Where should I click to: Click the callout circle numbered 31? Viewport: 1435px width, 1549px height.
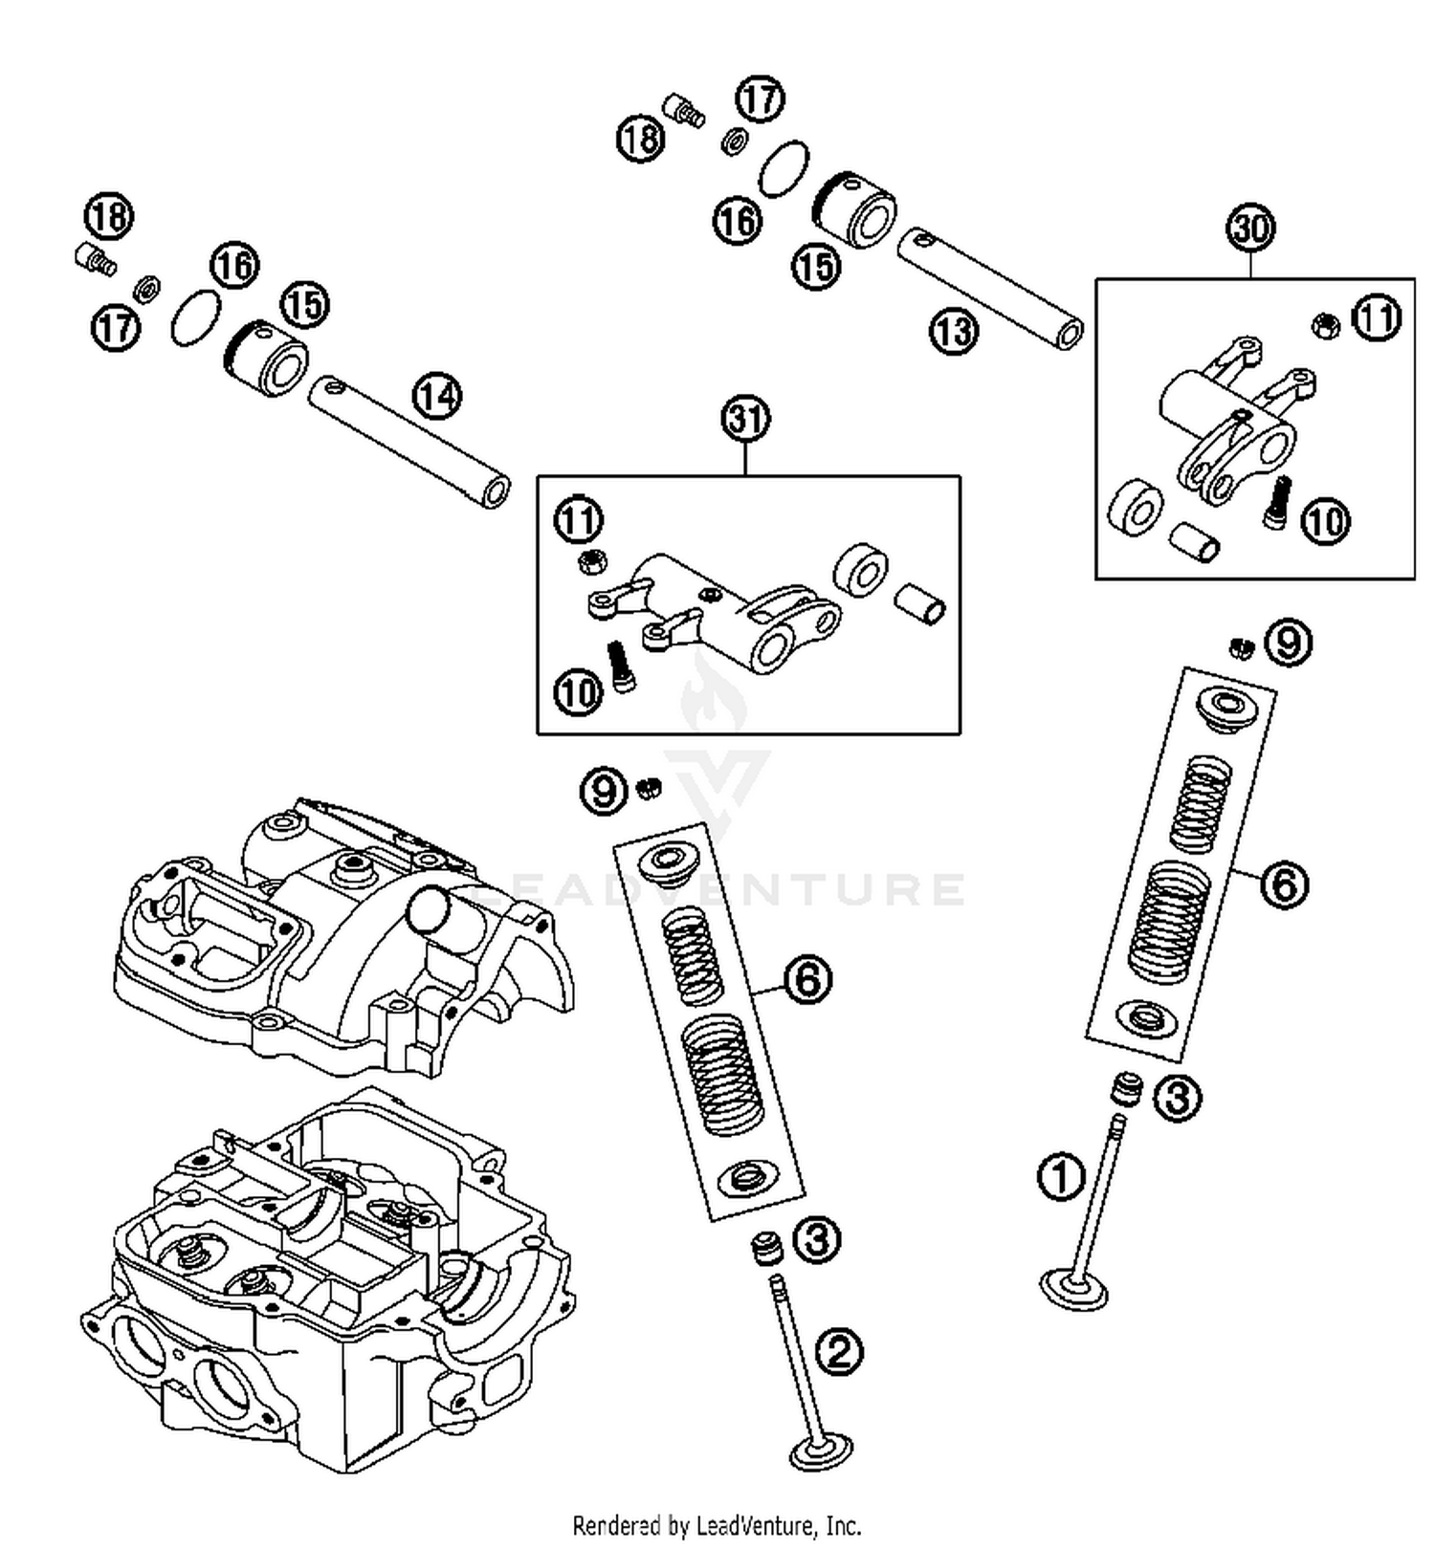(745, 419)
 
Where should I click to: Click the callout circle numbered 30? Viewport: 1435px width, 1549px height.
(1250, 229)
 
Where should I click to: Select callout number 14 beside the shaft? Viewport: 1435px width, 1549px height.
(437, 396)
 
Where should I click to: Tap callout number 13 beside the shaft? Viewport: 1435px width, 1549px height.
(953, 332)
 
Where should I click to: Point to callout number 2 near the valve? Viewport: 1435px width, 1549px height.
(838, 1352)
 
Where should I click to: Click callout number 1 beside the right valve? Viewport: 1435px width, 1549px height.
(1061, 1176)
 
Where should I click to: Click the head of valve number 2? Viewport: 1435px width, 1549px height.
(821, 1453)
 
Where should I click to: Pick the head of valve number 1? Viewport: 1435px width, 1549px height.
(1074, 1292)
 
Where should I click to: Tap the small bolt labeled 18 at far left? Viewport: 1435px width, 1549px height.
(93, 257)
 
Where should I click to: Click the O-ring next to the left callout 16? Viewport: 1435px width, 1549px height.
(196, 317)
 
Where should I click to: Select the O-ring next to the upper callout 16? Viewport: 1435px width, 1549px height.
(784, 168)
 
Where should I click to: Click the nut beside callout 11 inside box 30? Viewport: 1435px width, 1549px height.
(1324, 325)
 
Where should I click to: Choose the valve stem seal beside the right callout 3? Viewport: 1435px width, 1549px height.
(1127, 1089)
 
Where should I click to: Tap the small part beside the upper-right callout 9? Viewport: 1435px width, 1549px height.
(1242, 647)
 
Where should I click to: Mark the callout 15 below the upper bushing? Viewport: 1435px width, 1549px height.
(816, 266)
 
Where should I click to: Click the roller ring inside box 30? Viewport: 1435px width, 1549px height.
(1136, 508)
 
